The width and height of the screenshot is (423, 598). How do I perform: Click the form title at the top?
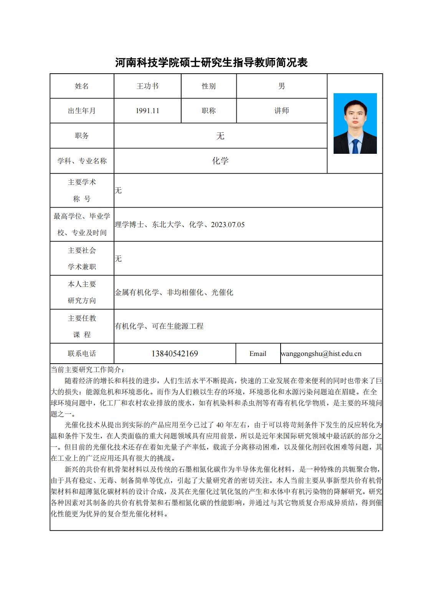click(211, 63)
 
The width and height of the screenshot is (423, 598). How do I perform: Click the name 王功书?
click(147, 86)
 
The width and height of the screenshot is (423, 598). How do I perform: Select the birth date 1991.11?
click(147, 111)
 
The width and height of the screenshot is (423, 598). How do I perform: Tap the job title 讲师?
click(281, 111)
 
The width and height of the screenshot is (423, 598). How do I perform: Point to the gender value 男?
click(281, 86)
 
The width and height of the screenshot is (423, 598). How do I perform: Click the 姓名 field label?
click(82, 86)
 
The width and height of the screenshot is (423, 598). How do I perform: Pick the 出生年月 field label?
click(82, 111)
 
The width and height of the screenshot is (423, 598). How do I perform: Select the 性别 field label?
click(208, 86)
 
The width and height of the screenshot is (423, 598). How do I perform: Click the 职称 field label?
click(208, 111)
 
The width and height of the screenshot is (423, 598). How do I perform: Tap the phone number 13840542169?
click(175, 354)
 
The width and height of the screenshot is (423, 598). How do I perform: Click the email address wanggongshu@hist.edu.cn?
click(321, 354)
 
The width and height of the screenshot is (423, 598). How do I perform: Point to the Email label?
click(258, 354)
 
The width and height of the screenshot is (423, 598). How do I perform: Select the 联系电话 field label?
click(82, 354)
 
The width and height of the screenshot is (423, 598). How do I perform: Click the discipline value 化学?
click(220, 161)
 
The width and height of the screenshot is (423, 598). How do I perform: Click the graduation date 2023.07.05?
click(228, 225)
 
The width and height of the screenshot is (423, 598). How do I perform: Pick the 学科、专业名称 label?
click(82, 161)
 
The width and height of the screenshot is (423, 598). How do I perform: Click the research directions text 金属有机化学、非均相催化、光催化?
click(174, 293)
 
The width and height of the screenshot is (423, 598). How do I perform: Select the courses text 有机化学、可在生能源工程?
click(159, 326)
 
